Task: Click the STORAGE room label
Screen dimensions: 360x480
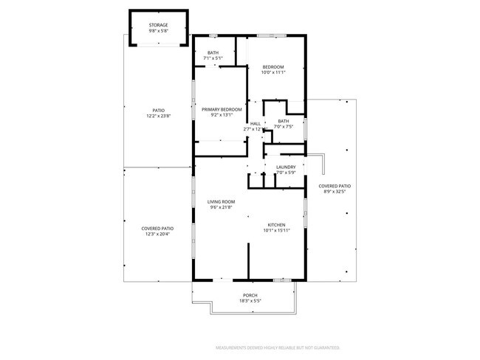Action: coord(159,26)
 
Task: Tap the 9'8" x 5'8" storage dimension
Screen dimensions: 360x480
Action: coord(159,32)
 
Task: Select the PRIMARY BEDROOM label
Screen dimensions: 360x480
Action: coord(222,109)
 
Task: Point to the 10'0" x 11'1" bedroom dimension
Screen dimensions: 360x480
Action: coord(273,72)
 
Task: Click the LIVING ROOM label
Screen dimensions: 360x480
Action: coord(221,201)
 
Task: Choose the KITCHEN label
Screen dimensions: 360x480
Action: coord(276,224)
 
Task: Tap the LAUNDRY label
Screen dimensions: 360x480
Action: coord(286,167)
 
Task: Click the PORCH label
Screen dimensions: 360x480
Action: coord(250,295)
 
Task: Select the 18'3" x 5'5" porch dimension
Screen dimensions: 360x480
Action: coord(250,301)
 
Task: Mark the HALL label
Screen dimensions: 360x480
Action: coord(256,123)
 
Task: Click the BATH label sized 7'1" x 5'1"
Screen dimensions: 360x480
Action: coord(213,52)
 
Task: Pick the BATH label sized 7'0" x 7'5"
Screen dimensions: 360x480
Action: coord(284,121)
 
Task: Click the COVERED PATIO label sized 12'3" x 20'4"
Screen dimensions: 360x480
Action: coord(157,229)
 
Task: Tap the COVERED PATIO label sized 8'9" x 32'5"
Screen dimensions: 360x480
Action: coord(335,186)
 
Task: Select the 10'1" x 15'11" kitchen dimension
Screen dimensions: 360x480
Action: coord(276,230)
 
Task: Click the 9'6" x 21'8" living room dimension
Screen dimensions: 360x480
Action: coord(221,207)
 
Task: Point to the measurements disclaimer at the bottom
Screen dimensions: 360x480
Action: coord(277,346)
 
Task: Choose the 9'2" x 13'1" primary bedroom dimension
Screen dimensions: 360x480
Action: coord(222,115)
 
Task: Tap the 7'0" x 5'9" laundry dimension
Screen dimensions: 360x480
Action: coord(286,173)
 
